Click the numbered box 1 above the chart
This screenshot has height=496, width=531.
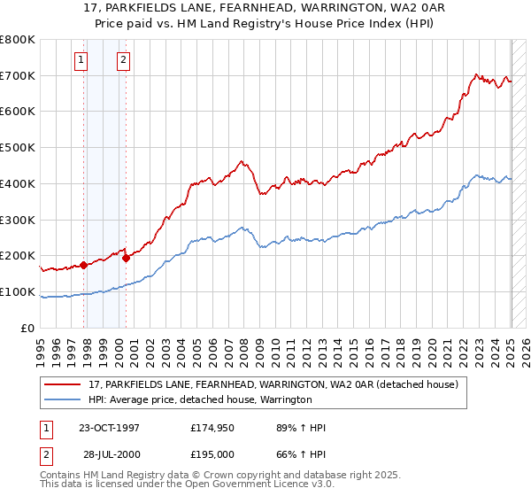[81, 60]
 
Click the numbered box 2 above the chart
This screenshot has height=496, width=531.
[122, 60]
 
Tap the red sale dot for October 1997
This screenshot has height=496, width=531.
[84, 265]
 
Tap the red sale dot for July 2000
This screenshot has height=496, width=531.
[127, 258]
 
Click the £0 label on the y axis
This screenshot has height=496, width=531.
[28, 328]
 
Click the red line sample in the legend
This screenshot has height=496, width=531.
[63, 385]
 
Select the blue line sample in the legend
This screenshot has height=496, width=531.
[63, 400]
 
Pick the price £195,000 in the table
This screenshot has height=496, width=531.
[212, 453]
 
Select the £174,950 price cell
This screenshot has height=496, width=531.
[212, 428]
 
